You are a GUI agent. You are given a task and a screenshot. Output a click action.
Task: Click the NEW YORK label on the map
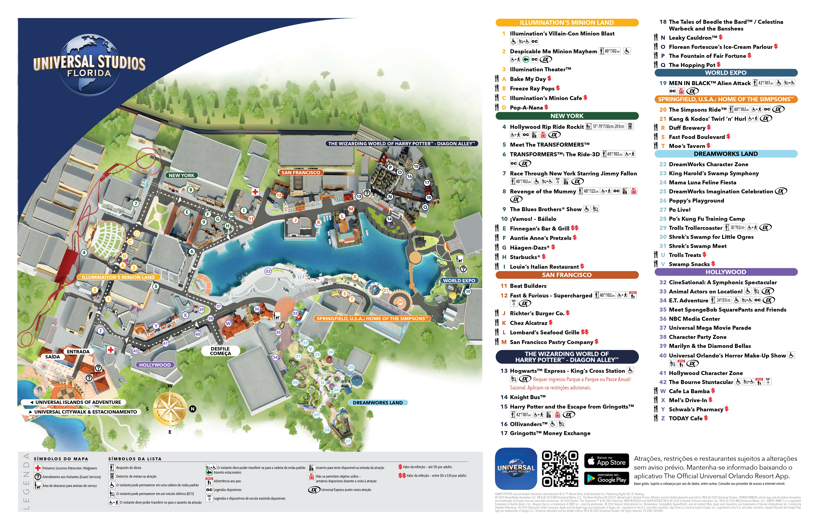(x=181, y=176)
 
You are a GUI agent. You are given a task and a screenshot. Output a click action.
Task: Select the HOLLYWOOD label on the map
(x=155, y=365)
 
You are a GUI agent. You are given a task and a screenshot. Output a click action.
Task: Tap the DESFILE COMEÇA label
(x=220, y=351)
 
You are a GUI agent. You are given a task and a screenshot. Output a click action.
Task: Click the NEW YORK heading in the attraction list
(x=567, y=116)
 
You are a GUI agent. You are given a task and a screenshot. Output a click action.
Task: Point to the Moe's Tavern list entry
(x=687, y=146)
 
